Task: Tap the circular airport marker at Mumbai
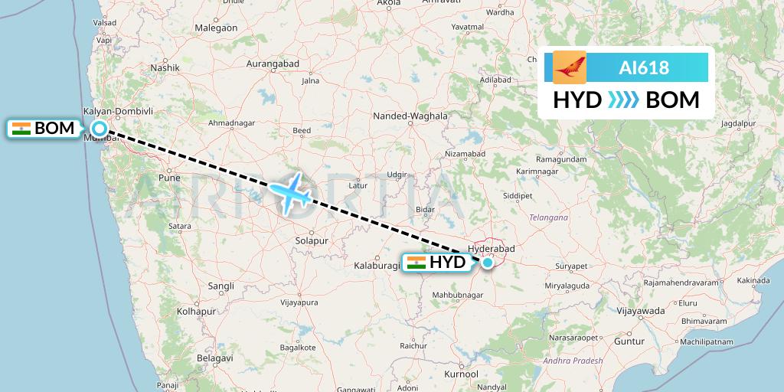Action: pyautogui.click(x=100, y=129)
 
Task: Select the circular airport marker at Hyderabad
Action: pyautogui.click(x=488, y=263)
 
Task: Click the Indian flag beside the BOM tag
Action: pyautogui.click(x=21, y=129)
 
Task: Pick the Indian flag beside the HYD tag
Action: pyautogui.click(x=416, y=263)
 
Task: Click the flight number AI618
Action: pyautogui.click(x=643, y=68)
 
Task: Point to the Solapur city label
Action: pyautogui.click(x=311, y=240)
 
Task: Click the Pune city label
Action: pyautogui.click(x=168, y=177)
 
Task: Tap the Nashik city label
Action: pyautogui.click(x=165, y=67)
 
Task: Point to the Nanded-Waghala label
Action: pyautogui.click(x=410, y=116)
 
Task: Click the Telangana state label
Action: pyautogui.click(x=548, y=217)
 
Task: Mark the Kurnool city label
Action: pyautogui.click(x=460, y=374)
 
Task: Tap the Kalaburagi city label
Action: pyautogui.click(x=377, y=266)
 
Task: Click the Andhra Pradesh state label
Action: pyautogui.click(x=572, y=360)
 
